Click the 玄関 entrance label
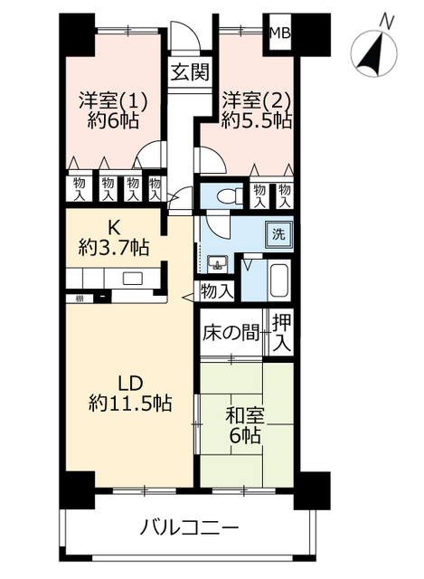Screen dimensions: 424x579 click(190, 72)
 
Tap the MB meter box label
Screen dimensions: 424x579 click(279, 33)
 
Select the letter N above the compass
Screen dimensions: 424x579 click(386, 21)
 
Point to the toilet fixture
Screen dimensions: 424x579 click(230, 195)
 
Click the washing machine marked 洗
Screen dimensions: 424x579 click(279, 234)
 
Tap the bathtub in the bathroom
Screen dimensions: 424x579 click(279, 280)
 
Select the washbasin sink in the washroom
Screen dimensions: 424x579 click(217, 264)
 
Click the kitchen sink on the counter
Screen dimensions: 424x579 click(133, 278)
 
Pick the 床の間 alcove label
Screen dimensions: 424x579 click(231, 333)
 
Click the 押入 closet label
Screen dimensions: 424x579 click(281, 334)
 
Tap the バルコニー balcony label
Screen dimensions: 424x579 click(189, 527)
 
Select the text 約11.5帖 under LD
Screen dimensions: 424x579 click(130, 403)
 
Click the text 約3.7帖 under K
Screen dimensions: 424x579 click(114, 247)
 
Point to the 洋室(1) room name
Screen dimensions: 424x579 click(114, 100)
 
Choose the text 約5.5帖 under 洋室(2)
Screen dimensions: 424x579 click(257, 120)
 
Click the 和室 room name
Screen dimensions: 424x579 click(245, 416)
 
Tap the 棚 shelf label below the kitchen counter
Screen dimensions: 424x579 click(79, 298)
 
